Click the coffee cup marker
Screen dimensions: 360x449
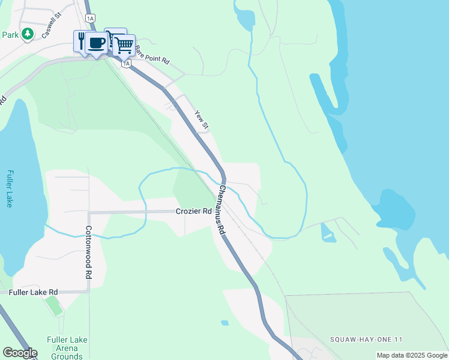[x=97, y=43]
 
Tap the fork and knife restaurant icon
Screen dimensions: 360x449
[x=81, y=41]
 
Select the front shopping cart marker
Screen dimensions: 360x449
[x=124, y=44]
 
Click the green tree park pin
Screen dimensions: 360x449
[x=27, y=34]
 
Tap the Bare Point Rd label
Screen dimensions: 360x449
[x=152, y=55]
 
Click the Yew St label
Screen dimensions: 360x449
[x=202, y=119]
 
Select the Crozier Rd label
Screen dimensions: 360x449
[x=194, y=211]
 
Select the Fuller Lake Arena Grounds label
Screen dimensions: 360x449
[x=67, y=348]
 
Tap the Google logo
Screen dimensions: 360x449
[x=20, y=353]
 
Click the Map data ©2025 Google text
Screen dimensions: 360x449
[x=412, y=355]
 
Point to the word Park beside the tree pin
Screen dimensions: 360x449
[x=10, y=35]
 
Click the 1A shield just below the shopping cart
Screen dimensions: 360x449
[x=126, y=63]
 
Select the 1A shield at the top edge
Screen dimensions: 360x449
[x=91, y=19]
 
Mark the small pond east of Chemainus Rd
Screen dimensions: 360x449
[x=328, y=233]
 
